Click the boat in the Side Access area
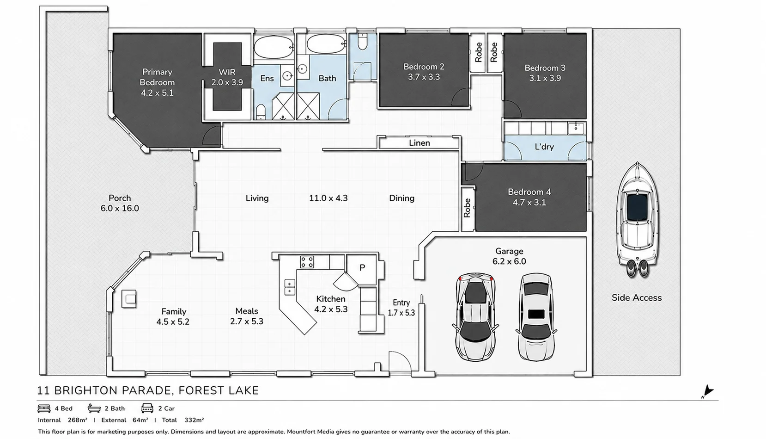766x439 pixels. tap(638, 219)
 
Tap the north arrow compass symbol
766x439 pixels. tap(707, 391)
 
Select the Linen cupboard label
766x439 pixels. tap(419, 143)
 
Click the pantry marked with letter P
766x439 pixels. tap(362, 267)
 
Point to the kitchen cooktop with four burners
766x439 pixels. tap(307, 262)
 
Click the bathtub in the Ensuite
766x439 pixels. tap(274, 47)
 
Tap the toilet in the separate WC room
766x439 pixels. tap(362, 42)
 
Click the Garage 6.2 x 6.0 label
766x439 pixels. tap(509, 256)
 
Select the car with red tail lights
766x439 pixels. tap(475, 316)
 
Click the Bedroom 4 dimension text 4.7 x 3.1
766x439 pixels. tap(529, 202)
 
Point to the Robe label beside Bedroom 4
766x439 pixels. tap(467, 208)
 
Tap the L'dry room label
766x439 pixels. tap(544, 147)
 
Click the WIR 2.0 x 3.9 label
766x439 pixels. tap(227, 77)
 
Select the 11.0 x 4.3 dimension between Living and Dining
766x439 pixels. tap(328, 198)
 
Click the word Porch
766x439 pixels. tap(120, 198)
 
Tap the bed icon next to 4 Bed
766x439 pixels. tap(44, 408)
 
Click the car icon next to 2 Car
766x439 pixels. tap(147, 408)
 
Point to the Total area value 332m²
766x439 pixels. tap(194, 420)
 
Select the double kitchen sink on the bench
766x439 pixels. tap(290, 287)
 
